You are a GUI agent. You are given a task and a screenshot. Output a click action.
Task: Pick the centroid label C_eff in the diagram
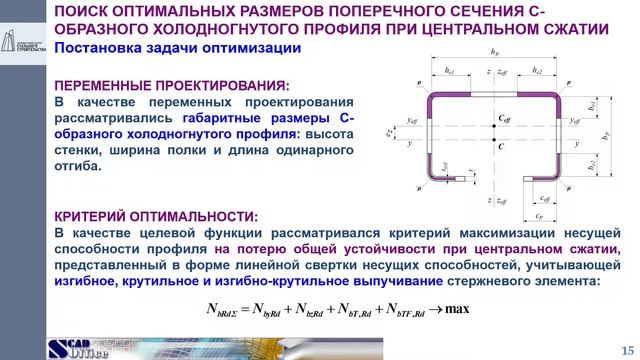503,119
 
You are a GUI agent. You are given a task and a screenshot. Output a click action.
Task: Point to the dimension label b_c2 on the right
593,165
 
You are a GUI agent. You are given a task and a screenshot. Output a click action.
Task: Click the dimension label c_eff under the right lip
544,198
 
